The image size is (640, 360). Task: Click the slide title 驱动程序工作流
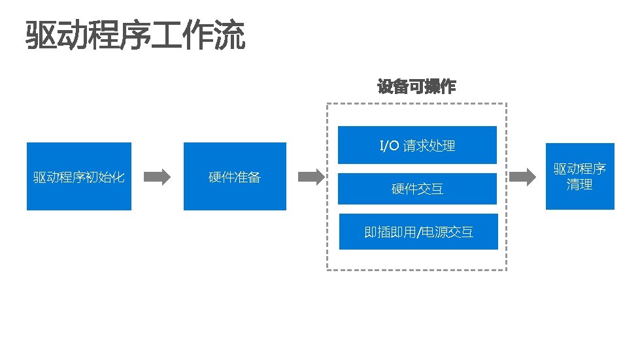[x=136, y=35]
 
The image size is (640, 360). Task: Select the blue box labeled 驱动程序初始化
[x=78, y=176]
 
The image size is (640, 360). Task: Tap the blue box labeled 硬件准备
[x=235, y=176]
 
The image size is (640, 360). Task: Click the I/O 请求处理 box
[x=418, y=145]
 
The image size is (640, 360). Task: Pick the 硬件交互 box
[x=418, y=189]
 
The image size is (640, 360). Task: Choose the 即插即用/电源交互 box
[x=418, y=231]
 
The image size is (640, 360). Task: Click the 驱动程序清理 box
[x=580, y=176]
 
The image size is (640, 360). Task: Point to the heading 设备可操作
[x=416, y=86]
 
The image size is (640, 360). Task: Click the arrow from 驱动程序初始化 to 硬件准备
[x=157, y=176]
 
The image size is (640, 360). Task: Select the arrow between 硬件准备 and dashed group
[x=311, y=176]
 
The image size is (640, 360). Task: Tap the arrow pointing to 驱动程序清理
[x=523, y=176]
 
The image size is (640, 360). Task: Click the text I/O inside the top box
[x=389, y=145]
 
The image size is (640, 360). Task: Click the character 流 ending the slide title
[x=231, y=35]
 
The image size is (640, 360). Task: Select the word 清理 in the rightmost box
[x=580, y=185]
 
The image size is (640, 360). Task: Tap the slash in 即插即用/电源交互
[x=418, y=232]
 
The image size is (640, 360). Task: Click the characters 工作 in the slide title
[x=184, y=35]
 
